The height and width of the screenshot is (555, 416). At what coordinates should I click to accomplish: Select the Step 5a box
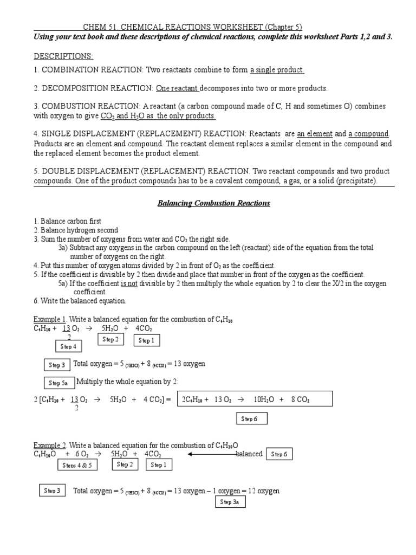point(58,383)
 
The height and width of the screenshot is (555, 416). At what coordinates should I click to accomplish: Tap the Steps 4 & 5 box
point(76,465)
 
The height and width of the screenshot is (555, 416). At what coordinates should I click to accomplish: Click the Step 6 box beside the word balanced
point(279,454)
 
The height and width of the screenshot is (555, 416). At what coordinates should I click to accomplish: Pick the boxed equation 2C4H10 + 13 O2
point(254,400)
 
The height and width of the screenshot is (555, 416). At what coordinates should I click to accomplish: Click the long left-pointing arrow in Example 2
point(212,454)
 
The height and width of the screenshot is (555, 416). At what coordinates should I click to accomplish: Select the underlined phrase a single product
point(277,70)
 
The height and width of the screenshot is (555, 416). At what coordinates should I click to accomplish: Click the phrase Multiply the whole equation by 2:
point(123,382)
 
